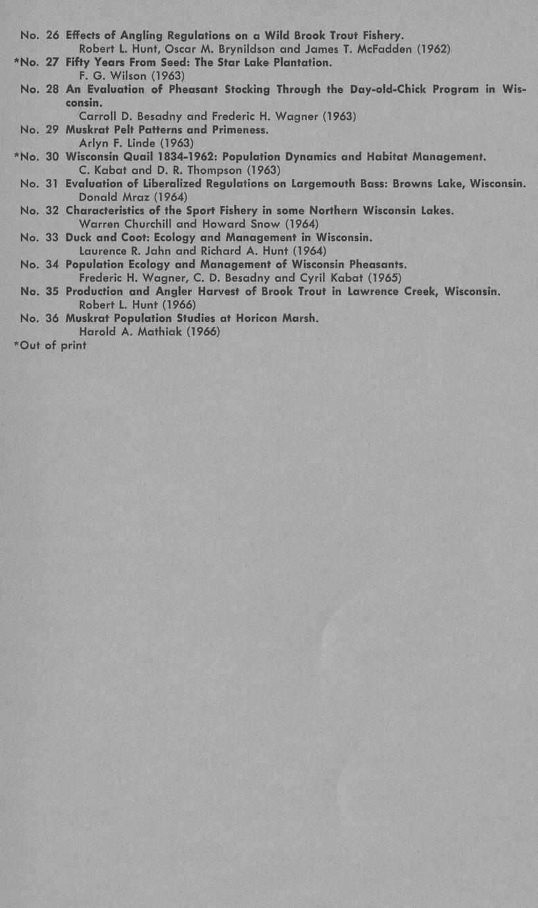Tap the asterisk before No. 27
(16, 61)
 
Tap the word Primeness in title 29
(240, 130)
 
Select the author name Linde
(143, 143)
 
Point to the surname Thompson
(212, 170)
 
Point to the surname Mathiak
(158, 332)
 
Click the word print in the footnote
(74, 345)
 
